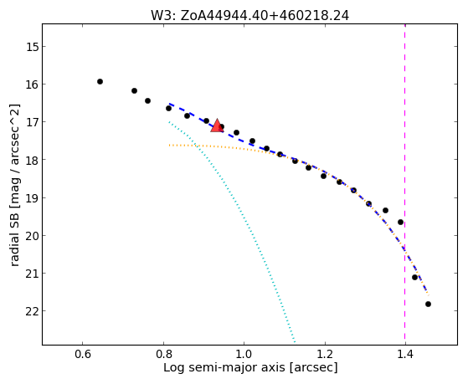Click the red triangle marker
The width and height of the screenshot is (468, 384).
[x=217, y=126]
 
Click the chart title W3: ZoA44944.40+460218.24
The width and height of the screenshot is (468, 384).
[x=249, y=16]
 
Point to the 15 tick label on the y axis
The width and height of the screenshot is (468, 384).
[x=32, y=47]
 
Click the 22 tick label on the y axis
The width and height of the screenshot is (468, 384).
[x=32, y=311]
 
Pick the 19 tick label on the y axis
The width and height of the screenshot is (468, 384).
[x=32, y=197]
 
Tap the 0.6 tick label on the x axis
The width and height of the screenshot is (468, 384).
[x=82, y=355]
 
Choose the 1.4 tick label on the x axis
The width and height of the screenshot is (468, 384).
[x=405, y=355]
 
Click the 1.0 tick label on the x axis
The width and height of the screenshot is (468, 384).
[x=244, y=355]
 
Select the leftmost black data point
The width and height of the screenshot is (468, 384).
[x=100, y=81]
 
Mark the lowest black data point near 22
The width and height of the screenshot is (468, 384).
[x=428, y=304]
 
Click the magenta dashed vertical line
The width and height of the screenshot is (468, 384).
[x=404, y=184]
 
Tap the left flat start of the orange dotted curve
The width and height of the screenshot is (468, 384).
[x=169, y=146]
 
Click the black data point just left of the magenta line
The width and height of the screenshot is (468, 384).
[x=400, y=222]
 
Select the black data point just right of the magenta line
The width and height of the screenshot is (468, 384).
[x=414, y=277]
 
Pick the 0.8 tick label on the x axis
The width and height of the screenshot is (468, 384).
[x=163, y=355]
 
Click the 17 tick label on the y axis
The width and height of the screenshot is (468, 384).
[x=32, y=122]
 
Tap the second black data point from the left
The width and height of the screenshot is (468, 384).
[x=134, y=90]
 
